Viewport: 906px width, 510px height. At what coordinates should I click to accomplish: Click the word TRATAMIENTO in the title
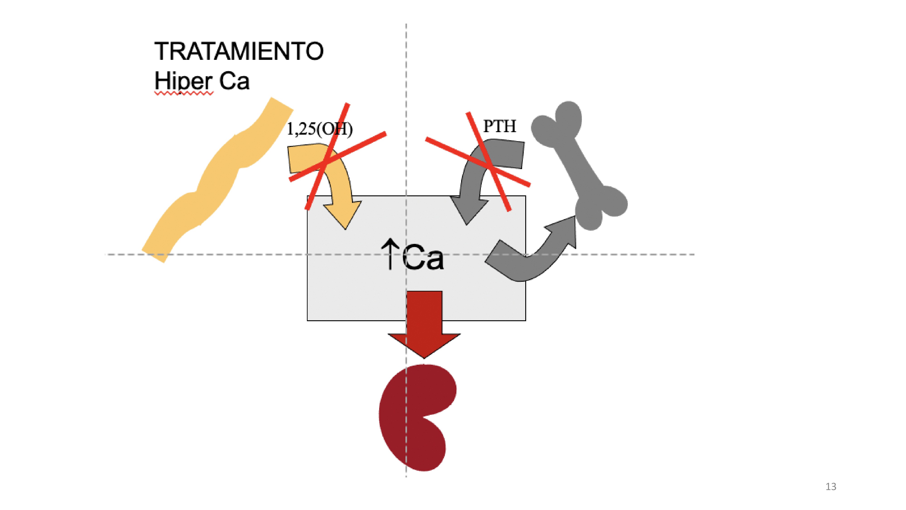(x=239, y=51)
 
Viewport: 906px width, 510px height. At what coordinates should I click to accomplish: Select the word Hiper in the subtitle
(x=183, y=81)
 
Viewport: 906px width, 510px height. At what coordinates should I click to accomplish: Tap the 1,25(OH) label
(x=319, y=129)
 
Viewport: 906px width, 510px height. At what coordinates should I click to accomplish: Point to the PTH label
(x=499, y=126)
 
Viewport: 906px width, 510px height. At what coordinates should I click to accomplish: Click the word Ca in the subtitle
(x=234, y=81)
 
